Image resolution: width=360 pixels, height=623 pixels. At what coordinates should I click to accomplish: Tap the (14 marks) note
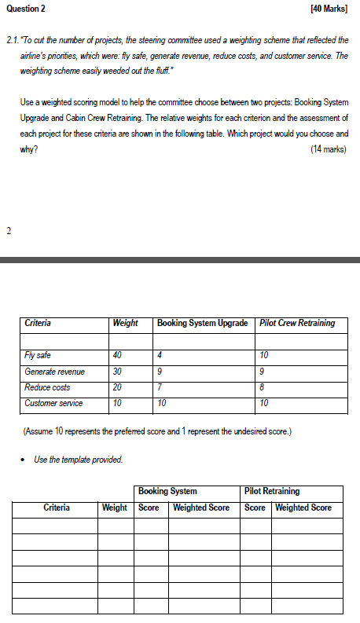(329, 148)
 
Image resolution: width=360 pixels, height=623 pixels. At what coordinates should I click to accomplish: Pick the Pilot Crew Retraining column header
(297, 323)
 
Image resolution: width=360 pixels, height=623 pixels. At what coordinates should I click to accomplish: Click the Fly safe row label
(38, 356)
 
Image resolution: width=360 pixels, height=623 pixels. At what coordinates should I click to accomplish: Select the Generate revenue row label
(54, 372)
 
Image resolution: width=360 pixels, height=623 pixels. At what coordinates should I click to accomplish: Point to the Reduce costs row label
(47, 387)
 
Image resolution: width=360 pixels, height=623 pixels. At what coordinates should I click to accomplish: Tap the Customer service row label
(53, 403)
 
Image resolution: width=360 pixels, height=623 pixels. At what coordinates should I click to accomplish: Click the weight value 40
(119, 356)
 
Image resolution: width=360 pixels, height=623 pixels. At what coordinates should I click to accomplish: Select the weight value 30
(119, 372)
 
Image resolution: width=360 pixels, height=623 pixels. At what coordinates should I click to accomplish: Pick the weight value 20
(119, 387)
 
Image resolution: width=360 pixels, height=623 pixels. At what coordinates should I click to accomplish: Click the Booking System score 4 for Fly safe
(160, 356)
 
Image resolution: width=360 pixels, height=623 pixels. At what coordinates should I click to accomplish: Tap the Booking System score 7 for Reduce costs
(160, 387)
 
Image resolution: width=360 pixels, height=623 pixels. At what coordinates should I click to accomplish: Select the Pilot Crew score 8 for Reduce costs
(263, 387)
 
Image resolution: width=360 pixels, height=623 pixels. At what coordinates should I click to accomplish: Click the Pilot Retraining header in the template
(272, 491)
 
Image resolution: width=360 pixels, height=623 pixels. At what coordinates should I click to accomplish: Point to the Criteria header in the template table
(57, 508)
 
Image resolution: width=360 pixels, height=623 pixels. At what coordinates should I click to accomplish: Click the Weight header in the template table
(115, 508)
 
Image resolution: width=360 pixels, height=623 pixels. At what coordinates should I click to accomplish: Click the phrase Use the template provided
(79, 460)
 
